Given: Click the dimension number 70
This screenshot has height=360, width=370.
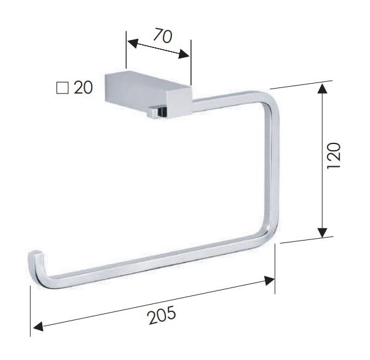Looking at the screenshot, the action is pyautogui.click(x=163, y=36).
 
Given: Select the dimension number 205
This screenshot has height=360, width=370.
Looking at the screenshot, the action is pyautogui.click(x=162, y=314).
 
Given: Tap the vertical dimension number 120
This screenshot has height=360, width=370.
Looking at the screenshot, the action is pyautogui.click(x=334, y=156).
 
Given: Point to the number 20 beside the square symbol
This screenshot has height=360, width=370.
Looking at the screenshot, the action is pyautogui.click(x=84, y=87).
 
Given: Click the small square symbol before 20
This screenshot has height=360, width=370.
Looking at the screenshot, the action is pyautogui.click(x=63, y=88).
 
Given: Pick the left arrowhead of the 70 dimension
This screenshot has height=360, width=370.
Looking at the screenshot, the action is pyautogui.click(x=133, y=44).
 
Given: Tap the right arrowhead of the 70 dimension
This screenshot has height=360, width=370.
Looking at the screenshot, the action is pyautogui.click(x=184, y=54).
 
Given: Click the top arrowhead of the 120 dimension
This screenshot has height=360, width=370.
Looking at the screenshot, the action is pyautogui.click(x=323, y=87).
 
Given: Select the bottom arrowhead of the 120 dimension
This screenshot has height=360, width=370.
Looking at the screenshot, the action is pyautogui.click(x=322, y=233).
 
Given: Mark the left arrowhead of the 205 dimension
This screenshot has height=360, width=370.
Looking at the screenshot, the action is pyautogui.click(x=38, y=326).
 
